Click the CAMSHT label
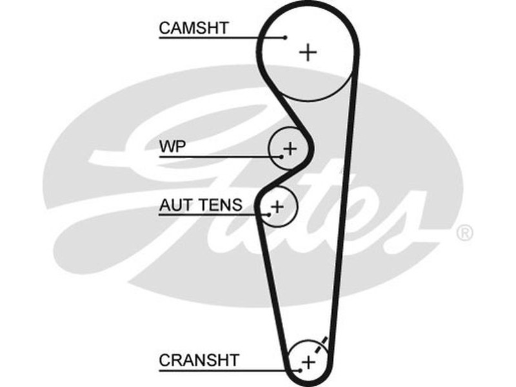[x=193, y=28]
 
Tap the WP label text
[x=172, y=147]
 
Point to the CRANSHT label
[x=199, y=359]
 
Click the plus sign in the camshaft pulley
[x=309, y=52]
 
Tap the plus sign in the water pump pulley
[x=290, y=148]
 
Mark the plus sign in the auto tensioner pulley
[x=277, y=206]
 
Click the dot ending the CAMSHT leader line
[x=285, y=37]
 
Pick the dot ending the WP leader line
[x=282, y=156]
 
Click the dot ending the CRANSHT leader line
[x=301, y=370]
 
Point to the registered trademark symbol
[x=464, y=233]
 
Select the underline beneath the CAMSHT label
[x=219, y=38]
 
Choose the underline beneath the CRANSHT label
[x=226, y=370]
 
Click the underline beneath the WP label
[x=219, y=157]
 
